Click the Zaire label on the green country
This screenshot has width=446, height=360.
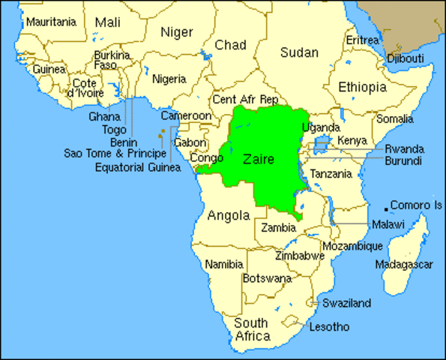pos(259,160)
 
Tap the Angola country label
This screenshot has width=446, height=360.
pos(228,216)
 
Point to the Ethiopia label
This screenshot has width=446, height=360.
pos(363,88)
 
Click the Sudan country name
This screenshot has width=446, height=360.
pos(299,52)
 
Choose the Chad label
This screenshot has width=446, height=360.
pos(230,46)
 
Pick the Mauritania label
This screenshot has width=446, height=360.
pos(51,22)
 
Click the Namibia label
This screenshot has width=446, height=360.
pos(224,265)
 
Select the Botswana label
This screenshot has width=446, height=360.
pos(266,278)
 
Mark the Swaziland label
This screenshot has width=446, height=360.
pos(346,304)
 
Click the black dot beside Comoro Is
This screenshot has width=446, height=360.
pos(387,208)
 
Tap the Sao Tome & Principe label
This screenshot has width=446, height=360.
pos(115,154)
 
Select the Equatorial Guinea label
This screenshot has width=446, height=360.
pos(138,167)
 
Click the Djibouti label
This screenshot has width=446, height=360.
pos(406,58)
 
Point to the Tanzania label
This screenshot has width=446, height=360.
pos(331,174)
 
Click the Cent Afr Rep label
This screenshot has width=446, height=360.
pos(246,99)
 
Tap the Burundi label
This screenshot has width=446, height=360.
pos(403,161)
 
